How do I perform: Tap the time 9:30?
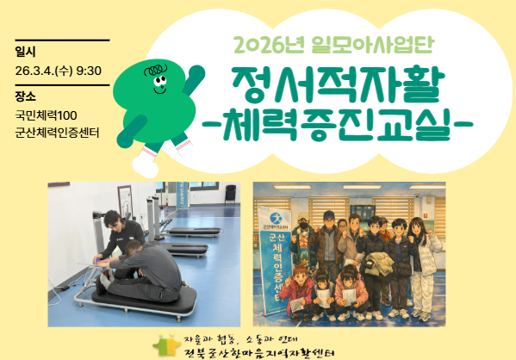point(90,71)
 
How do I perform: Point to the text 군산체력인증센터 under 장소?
point(57,133)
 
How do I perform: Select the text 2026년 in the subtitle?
point(259,44)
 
